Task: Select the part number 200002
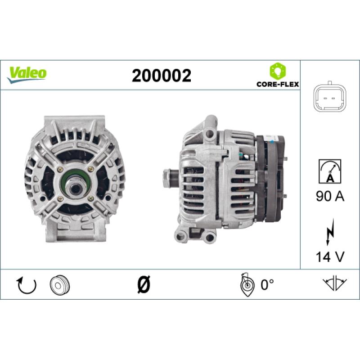click(162, 76)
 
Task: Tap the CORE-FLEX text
click(278, 84)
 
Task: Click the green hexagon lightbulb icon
click(278, 71)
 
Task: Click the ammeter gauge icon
click(330, 171)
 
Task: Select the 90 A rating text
click(330, 196)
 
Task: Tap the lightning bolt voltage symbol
click(330, 232)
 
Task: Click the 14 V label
click(330, 256)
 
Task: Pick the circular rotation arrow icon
click(27, 285)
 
